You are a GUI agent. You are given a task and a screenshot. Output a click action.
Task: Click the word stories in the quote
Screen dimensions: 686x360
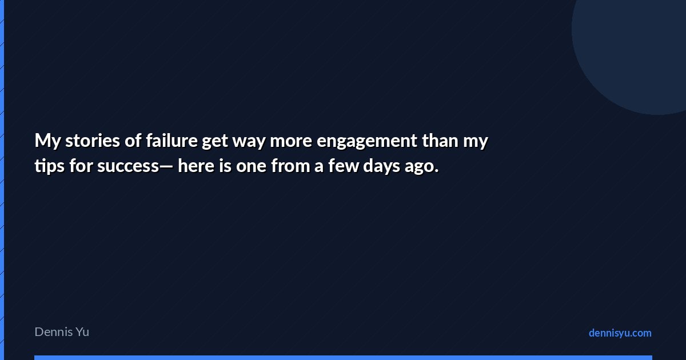click(x=93, y=141)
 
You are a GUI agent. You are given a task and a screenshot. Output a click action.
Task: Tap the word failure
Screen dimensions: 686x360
click(x=171, y=141)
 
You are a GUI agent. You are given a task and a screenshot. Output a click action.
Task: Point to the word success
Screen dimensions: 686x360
click(x=128, y=166)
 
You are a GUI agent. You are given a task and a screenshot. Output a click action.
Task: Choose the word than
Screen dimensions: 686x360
click(x=440, y=141)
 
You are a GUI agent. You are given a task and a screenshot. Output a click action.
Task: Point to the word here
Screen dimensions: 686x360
click(x=196, y=166)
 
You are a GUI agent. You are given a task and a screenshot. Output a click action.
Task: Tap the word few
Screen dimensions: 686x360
click(x=344, y=166)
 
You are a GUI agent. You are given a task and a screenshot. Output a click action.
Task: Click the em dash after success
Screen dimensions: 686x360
click(x=166, y=167)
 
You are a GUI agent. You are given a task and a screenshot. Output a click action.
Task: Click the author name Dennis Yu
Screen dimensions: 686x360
click(x=62, y=332)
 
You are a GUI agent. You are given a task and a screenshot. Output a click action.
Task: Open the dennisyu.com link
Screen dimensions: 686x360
click(x=620, y=333)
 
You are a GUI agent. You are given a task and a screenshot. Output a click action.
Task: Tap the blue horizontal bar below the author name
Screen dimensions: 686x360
click(x=343, y=358)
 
